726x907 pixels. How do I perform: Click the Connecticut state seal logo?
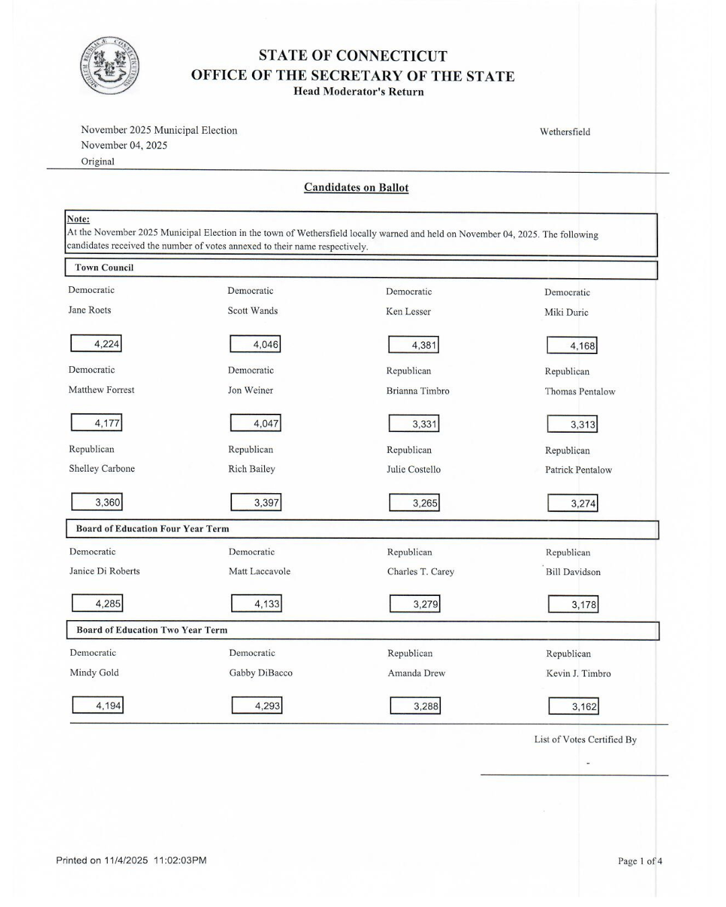[x=110, y=66]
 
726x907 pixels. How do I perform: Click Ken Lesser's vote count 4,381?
[x=413, y=345]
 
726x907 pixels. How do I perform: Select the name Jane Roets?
[x=89, y=310]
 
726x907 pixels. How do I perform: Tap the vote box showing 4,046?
[x=255, y=344]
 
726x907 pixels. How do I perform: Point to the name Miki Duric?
[x=566, y=312]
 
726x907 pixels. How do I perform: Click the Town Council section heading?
[x=104, y=267]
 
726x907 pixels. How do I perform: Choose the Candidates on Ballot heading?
[x=356, y=187]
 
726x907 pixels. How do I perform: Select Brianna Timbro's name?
[x=417, y=391]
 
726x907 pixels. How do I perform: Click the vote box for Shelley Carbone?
[x=97, y=502]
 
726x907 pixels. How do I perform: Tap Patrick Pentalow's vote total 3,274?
[x=573, y=503]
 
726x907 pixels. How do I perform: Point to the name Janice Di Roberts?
[x=104, y=571]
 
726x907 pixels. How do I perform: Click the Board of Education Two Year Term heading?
[x=152, y=630]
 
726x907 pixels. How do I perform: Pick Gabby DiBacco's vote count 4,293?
[x=257, y=705]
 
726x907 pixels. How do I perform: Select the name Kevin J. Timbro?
[x=578, y=673]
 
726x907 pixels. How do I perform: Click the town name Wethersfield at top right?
[x=565, y=132]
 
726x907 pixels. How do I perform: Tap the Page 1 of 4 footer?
[x=640, y=861]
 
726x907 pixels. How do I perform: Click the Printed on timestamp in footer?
[x=131, y=860]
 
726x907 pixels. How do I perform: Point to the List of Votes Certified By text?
[x=585, y=740]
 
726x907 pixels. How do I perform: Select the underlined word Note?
[x=78, y=219]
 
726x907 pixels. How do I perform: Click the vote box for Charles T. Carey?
[x=415, y=604]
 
